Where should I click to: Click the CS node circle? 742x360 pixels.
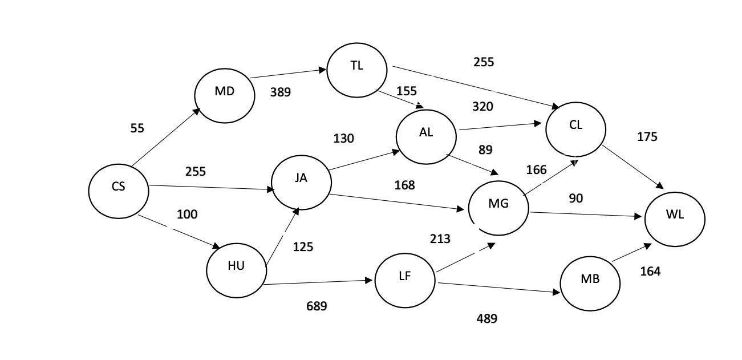(119, 191)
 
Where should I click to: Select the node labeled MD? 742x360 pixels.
(224, 95)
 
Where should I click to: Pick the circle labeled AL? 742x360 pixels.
(426, 136)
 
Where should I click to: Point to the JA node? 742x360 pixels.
(301, 181)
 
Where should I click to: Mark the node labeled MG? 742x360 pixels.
(498, 207)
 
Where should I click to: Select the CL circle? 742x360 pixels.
(575, 129)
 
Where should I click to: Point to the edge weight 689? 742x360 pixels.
(317, 306)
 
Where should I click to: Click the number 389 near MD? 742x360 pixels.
(280, 92)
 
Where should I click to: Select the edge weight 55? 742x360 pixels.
(137, 128)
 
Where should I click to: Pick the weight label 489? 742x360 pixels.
(486, 319)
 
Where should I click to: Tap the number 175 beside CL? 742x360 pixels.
(647, 137)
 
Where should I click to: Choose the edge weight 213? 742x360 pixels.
(440, 239)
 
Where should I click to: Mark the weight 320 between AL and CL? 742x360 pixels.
(482, 107)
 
